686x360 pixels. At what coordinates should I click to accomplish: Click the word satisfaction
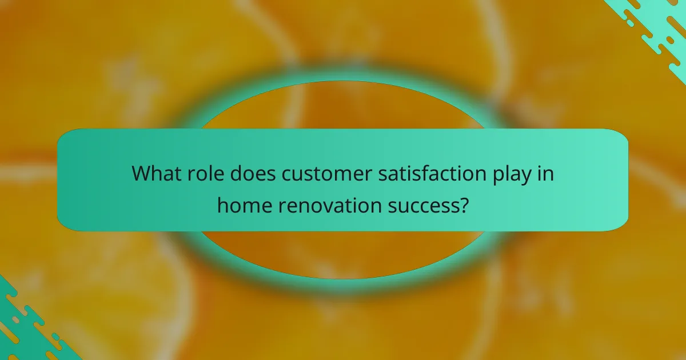424,173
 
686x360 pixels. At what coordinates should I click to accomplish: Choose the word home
244,205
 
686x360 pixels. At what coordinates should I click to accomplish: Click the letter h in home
222,204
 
